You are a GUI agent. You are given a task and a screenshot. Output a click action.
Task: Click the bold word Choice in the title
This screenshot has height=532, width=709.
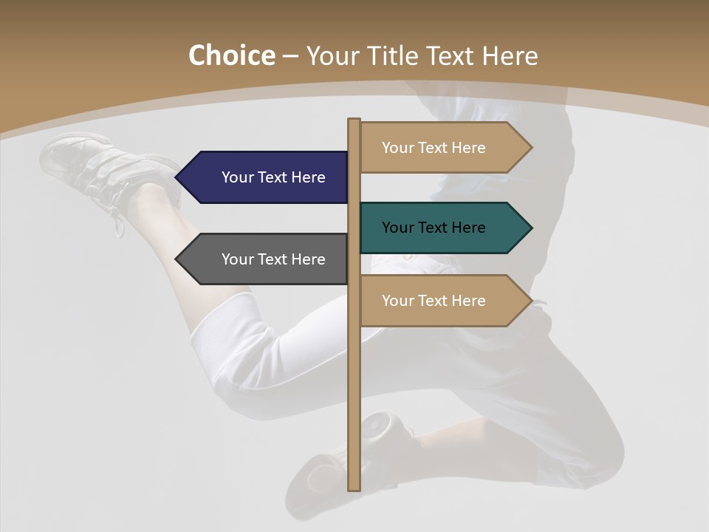pyautogui.click(x=231, y=55)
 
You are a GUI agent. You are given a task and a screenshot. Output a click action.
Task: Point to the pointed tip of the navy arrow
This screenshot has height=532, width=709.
pyautogui.click(x=178, y=177)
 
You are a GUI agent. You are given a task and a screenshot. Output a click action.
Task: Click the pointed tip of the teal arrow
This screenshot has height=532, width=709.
pyautogui.click(x=530, y=228)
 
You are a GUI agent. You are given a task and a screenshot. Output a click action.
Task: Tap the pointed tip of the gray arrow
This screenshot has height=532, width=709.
pyautogui.click(x=178, y=259)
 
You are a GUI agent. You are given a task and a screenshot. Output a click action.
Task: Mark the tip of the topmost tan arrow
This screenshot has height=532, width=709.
pyautogui.click(x=530, y=148)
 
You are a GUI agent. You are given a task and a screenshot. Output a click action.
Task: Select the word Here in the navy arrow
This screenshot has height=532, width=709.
pyautogui.click(x=307, y=177)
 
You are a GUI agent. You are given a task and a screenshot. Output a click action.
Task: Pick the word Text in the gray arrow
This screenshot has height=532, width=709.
pyautogui.click(x=273, y=259)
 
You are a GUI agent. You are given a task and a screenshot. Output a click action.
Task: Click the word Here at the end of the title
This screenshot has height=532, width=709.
pyautogui.click(x=510, y=55)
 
